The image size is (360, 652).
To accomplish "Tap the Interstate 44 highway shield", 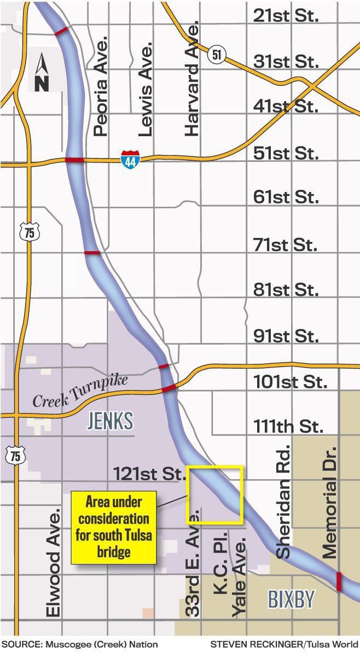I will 130,159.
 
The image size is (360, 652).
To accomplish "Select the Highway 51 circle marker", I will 217,54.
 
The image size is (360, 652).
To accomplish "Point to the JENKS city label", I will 110,421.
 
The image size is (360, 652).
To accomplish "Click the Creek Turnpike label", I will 80,391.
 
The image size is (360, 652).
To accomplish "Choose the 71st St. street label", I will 285,244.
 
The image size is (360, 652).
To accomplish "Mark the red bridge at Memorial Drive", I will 338,581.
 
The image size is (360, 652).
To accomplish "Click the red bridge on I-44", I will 74,160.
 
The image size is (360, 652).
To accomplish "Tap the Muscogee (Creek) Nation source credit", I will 80,644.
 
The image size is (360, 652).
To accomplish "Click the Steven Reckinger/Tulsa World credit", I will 284,644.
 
